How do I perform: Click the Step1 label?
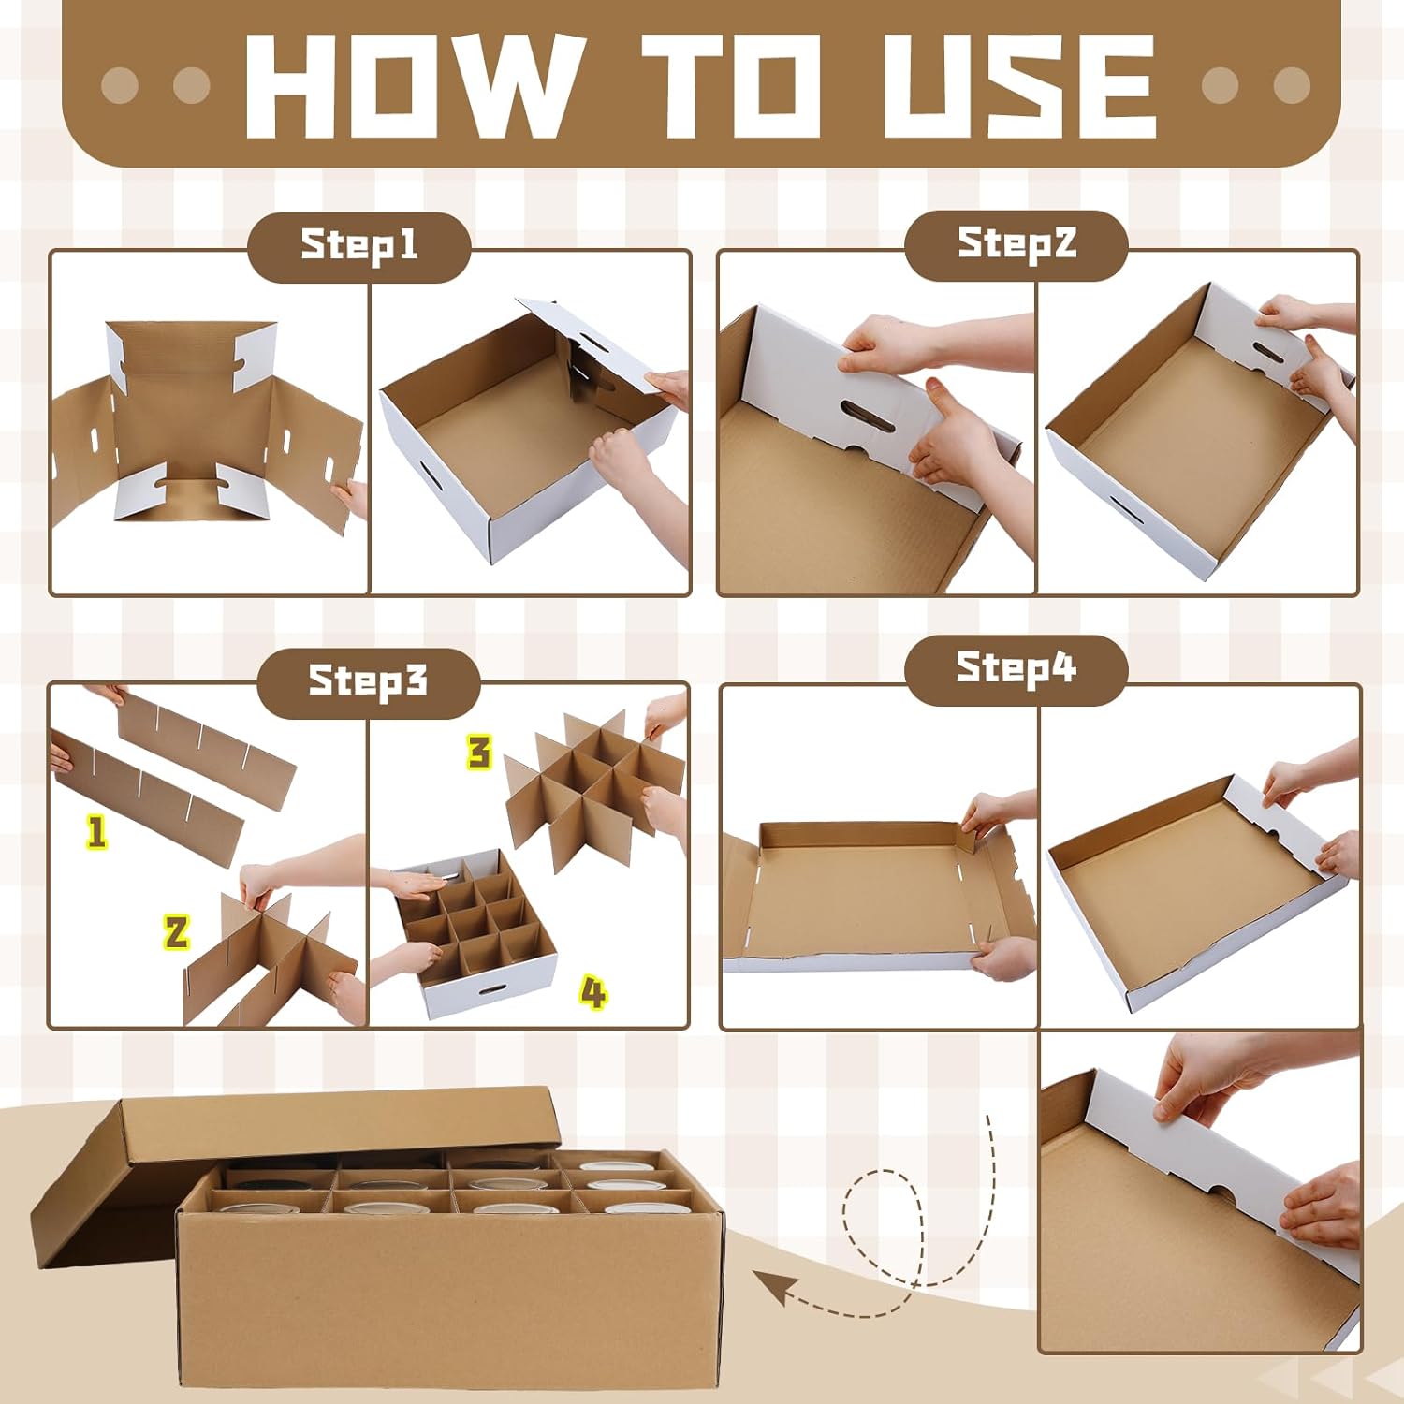click(x=358, y=246)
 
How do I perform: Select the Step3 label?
click(x=368, y=680)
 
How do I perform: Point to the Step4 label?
click(x=1016, y=667)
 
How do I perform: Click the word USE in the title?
click(x=1018, y=85)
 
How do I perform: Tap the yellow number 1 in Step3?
click(x=96, y=831)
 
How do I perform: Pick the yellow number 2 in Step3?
click(x=176, y=932)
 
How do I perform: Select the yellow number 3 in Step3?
click(x=479, y=753)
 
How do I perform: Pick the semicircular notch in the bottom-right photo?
click(x=1220, y=1194)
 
